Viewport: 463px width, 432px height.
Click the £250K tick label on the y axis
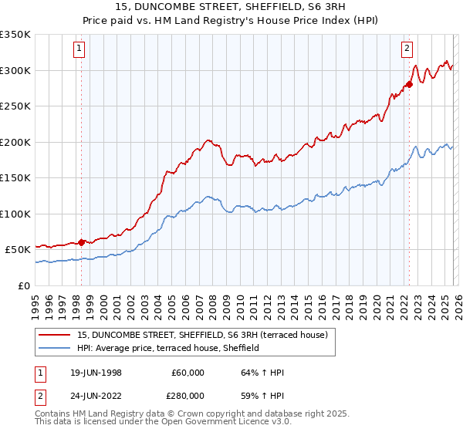click(x=15, y=106)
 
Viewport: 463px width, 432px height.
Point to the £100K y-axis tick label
click(x=15, y=214)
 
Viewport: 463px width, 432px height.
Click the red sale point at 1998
click(x=82, y=242)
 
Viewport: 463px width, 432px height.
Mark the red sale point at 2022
click(x=409, y=84)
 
